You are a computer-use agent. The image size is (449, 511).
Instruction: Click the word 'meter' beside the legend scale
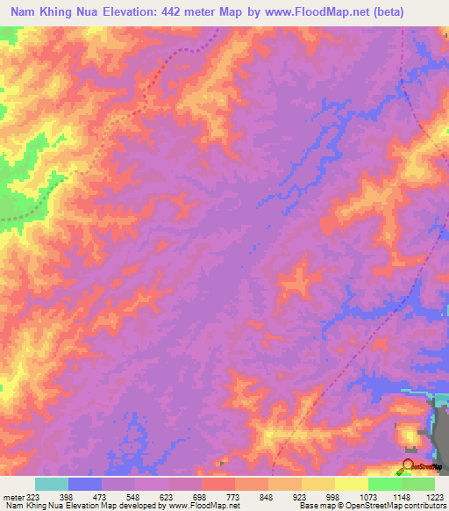point(13,498)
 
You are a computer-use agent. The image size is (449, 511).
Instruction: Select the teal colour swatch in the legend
point(52,484)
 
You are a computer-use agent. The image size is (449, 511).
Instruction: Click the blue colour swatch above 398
point(85,484)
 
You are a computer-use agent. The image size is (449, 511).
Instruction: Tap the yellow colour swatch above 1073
point(352,484)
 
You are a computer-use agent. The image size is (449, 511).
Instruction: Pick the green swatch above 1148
point(385,484)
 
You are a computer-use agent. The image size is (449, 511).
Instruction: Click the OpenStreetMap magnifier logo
point(408,466)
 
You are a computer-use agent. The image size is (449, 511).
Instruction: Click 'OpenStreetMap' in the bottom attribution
point(375,507)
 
